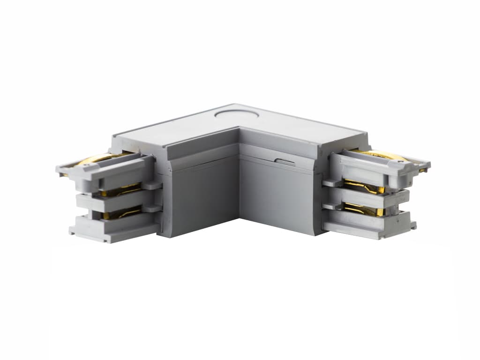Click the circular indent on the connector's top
pyautogui.click(x=234, y=112)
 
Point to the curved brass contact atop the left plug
pyautogui.click(x=96, y=159)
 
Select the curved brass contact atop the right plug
pyautogui.click(x=377, y=155)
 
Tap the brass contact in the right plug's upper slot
pyautogui.click(x=363, y=187)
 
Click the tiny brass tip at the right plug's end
pyautogui.click(x=424, y=170)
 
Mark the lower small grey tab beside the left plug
pyautogui.click(x=152, y=208)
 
